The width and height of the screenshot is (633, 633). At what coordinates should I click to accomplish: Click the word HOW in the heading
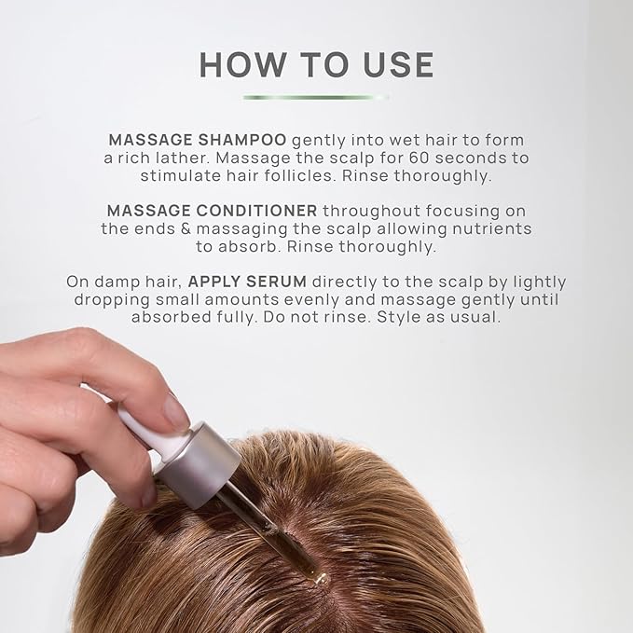point(242,64)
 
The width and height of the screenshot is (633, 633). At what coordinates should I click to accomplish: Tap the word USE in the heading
point(398,64)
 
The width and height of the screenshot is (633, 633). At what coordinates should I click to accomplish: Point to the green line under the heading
point(315,97)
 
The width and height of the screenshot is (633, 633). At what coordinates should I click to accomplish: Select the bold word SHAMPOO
point(242,140)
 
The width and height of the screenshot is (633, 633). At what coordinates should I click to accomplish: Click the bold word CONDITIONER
point(256,211)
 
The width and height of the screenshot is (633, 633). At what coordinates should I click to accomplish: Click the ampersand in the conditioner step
point(186,229)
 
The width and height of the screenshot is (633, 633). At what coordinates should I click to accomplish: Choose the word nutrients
point(491,229)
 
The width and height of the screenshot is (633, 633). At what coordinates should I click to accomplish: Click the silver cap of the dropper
point(198,465)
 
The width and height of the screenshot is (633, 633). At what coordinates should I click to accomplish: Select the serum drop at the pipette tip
point(320,580)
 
